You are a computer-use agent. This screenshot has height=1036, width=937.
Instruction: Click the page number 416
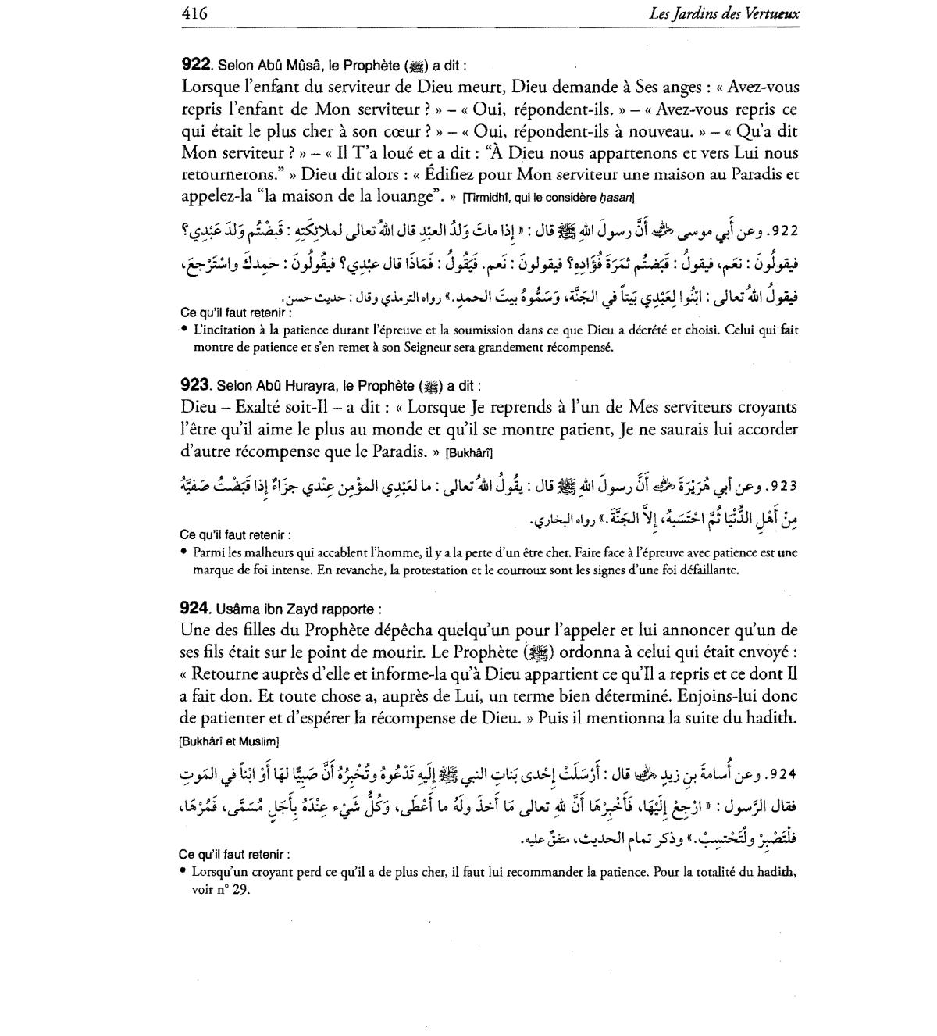(194, 13)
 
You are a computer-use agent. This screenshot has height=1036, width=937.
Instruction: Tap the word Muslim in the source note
(262, 741)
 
